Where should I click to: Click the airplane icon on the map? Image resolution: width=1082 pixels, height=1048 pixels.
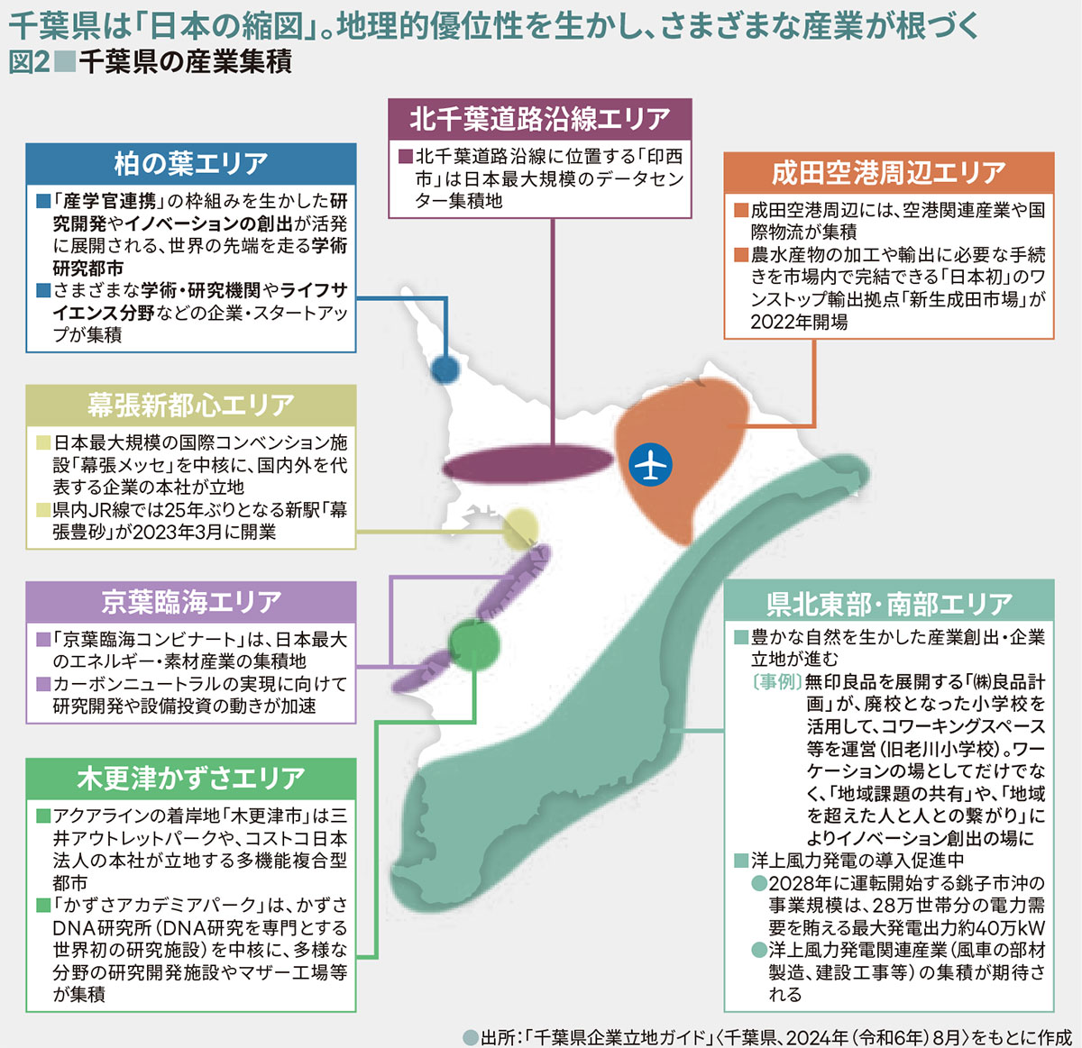(x=650, y=464)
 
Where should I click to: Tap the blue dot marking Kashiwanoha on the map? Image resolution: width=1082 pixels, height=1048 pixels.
(x=445, y=369)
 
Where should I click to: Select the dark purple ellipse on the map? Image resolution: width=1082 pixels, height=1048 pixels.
(x=527, y=466)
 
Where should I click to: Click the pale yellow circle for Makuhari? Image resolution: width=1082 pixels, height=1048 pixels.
(x=520, y=529)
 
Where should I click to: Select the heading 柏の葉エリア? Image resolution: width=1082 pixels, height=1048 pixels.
(x=190, y=163)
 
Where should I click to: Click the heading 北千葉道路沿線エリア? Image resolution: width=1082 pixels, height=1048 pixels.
(x=539, y=118)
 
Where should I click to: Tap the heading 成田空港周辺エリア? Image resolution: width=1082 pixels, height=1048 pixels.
(x=888, y=172)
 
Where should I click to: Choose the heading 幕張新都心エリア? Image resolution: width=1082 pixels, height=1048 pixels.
(x=190, y=405)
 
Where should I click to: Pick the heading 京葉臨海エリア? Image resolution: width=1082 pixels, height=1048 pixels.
(x=190, y=601)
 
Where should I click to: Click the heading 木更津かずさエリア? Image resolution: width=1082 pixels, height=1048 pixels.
(x=190, y=778)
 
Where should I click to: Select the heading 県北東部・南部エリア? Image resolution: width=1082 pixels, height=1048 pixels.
(x=888, y=603)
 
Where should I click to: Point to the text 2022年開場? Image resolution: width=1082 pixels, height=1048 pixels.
(x=799, y=322)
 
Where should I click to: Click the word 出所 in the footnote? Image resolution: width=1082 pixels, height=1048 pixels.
(x=500, y=1037)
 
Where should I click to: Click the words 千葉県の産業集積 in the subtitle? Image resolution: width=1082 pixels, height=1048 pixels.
(x=186, y=62)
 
